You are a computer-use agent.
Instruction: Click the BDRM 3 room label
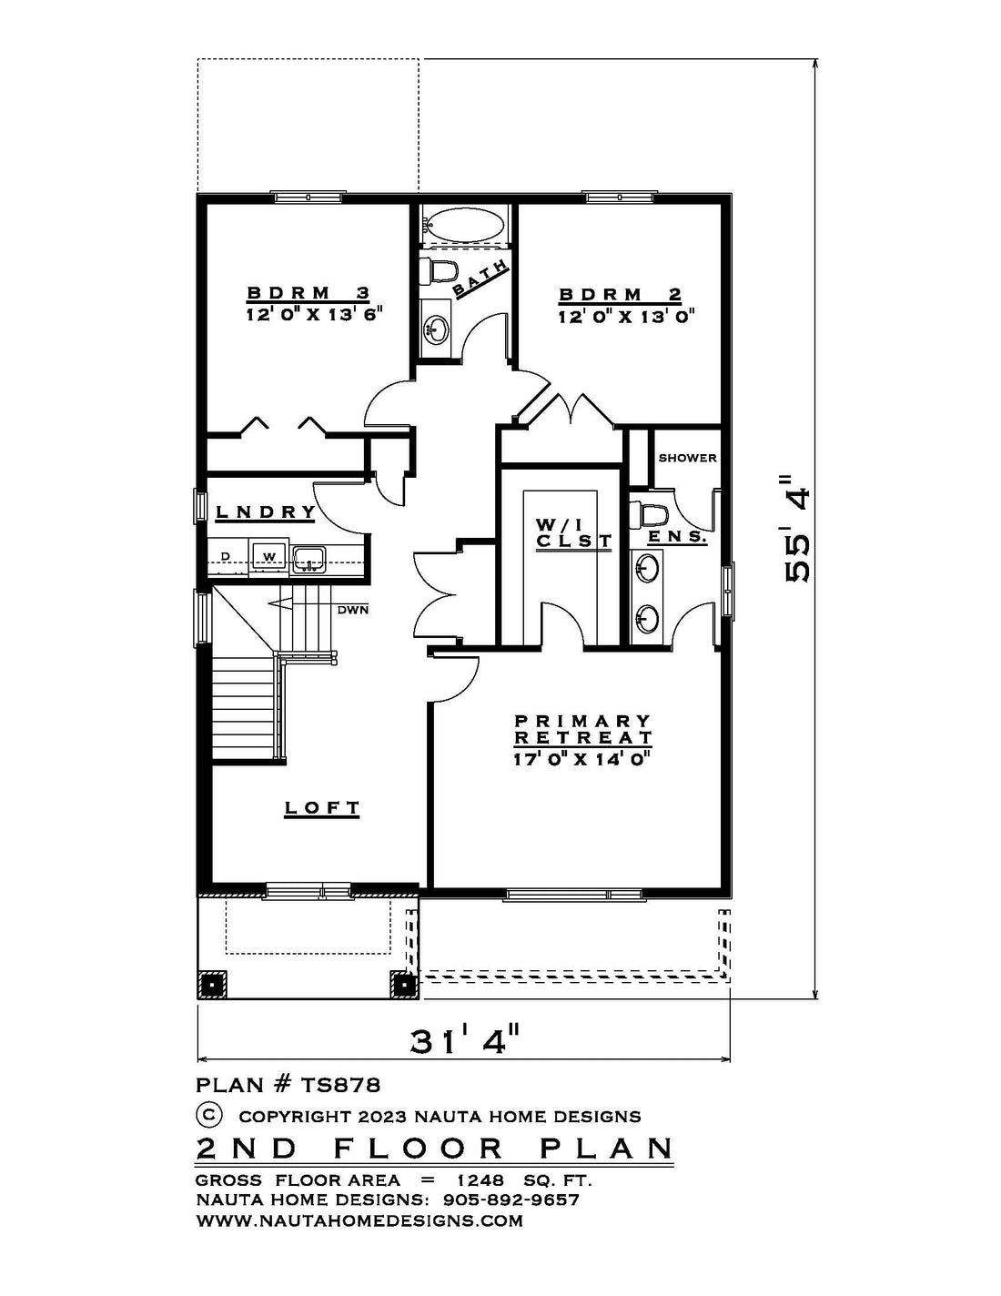pos(308,293)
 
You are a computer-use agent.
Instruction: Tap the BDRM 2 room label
pos(620,295)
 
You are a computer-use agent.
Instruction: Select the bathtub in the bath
pos(463,223)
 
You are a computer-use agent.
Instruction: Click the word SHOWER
pos(687,458)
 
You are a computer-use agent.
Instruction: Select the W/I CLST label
pos(573,532)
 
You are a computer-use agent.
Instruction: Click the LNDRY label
pos(266,511)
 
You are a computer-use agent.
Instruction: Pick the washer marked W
pos(269,557)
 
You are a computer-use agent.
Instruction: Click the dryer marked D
pos(227,557)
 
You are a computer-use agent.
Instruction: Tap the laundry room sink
pos(308,558)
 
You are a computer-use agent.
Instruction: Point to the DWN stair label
pos(353,610)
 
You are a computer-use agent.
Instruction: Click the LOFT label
pos(322,807)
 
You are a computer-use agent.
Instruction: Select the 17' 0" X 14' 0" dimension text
pos(581,759)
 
